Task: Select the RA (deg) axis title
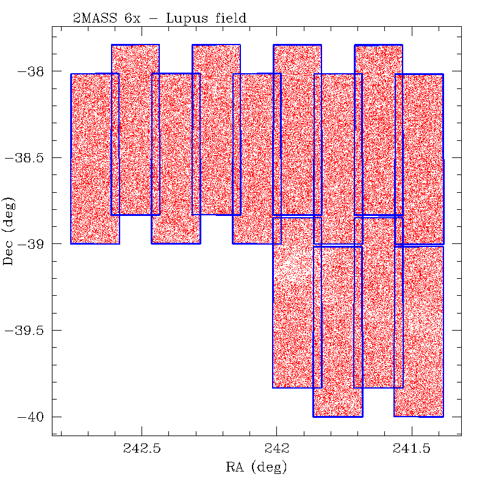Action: (x=256, y=468)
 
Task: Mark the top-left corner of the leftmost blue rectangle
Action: (x=71, y=74)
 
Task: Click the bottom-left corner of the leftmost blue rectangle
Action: (x=71, y=243)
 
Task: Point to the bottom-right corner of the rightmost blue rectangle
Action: (x=443, y=417)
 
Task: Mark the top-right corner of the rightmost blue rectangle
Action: (x=443, y=74)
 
